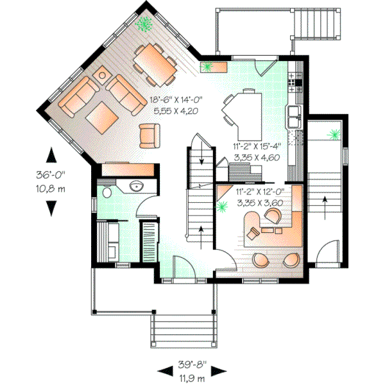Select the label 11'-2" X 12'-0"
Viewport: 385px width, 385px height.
(x=260, y=191)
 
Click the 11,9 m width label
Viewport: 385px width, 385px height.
(x=193, y=379)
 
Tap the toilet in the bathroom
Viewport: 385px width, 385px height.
(x=107, y=191)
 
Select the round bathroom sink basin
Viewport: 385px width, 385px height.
(x=136, y=187)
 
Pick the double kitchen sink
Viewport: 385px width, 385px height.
(x=295, y=116)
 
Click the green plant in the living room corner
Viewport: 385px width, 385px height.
(x=145, y=24)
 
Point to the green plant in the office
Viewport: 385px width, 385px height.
(x=223, y=207)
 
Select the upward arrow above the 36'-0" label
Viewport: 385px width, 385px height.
(x=50, y=154)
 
